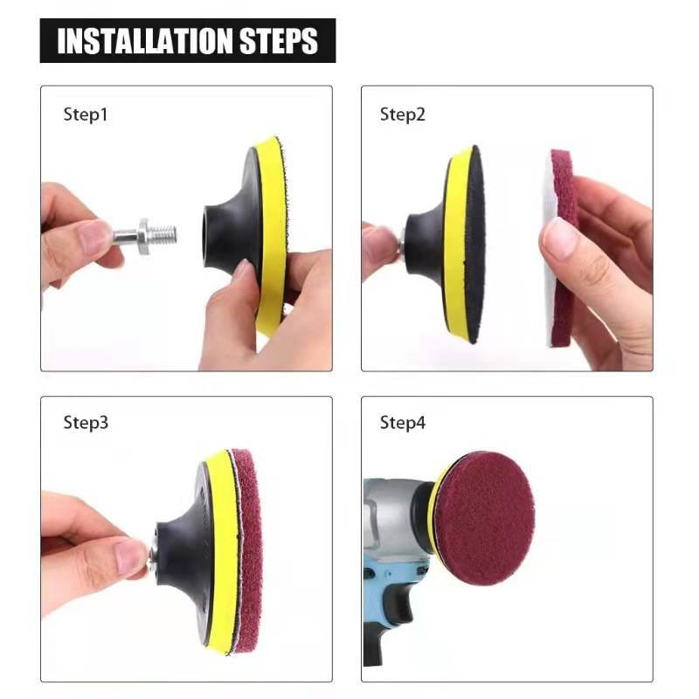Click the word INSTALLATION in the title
143,41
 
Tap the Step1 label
86,114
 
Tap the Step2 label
402,114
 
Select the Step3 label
86,423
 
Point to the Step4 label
402,423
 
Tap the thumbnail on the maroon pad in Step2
560,238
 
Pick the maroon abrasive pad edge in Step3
249,550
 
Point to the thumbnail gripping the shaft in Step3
130,557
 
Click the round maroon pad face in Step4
485,517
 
